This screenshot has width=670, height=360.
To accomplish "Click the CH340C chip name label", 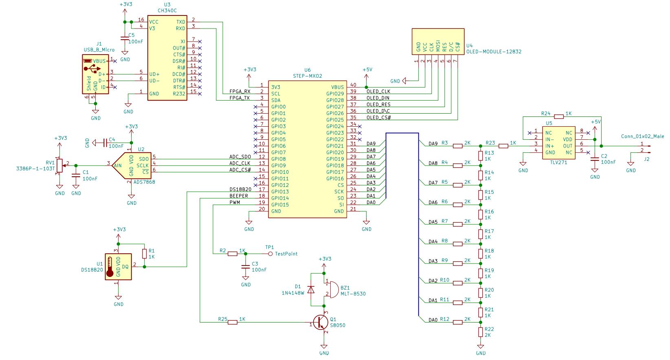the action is tap(167, 11).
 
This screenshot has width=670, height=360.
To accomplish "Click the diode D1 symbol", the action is tap(311, 290).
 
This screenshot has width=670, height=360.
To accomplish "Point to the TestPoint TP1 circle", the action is tap(270, 254).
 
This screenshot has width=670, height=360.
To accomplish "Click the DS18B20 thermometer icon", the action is tap(110, 267).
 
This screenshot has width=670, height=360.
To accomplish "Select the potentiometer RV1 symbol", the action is tap(59, 166).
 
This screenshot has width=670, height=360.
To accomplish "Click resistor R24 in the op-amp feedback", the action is tap(559, 116).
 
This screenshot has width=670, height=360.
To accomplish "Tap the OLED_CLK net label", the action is tap(378, 92).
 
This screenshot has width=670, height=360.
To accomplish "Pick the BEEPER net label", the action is tap(239, 196).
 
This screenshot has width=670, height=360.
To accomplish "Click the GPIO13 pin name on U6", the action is tap(280, 192).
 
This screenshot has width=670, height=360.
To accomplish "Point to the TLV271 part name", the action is tap(558, 162).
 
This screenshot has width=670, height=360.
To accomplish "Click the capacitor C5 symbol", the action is tap(125, 38).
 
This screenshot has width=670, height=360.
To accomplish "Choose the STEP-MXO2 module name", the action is tap(308, 76).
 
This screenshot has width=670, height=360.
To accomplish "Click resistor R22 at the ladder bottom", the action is tap(480, 332).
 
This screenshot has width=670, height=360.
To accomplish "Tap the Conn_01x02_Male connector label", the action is tap(642, 136).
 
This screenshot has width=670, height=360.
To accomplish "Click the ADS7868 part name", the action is tap(144, 182).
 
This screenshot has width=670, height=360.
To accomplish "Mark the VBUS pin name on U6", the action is tap(337, 87).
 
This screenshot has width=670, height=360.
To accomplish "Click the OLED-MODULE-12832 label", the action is tap(494, 52).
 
